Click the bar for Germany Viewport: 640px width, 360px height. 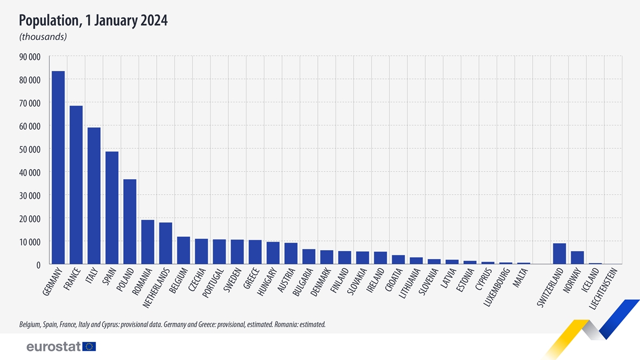coord(58,167)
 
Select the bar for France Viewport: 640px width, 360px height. coord(76,185)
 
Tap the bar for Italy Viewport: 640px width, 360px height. coord(94,196)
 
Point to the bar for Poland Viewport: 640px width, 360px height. coord(130,222)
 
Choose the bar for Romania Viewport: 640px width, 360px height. coord(147,242)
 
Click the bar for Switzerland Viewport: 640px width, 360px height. coord(559,254)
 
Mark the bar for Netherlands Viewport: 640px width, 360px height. coord(165,243)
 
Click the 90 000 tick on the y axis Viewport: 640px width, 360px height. coord(30,57)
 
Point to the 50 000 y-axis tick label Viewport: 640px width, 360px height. coord(30,149)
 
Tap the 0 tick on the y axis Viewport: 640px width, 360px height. coord(38,265)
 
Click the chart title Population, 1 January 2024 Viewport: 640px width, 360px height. coord(93,21)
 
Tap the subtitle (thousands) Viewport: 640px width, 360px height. coord(43,37)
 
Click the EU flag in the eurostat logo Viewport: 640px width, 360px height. coord(89,347)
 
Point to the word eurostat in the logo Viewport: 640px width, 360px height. coord(53,347)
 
